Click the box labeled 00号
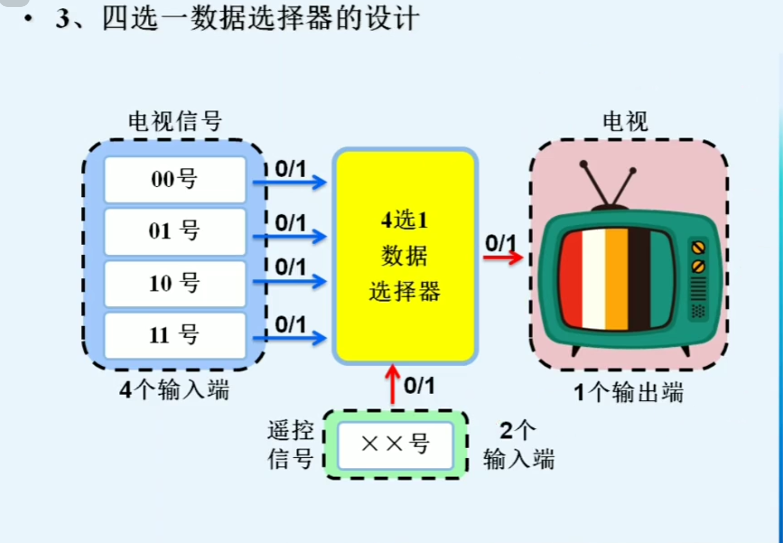click(175, 179)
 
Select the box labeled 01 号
click(175, 232)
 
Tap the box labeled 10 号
click(175, 284)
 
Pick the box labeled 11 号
click(175, 335)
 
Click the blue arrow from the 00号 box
click(289, 183)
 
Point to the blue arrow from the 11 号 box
click(289, 338)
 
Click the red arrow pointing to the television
click(503, 257)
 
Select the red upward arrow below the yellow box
click(392, 384)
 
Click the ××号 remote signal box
click(395, 445)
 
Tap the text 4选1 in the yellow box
click(405, 220)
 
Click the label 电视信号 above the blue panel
click(175, 122)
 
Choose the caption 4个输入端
click(174, 390)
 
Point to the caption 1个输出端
click(628, 393)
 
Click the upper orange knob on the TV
click(698, 247)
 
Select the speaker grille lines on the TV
click(698, 289)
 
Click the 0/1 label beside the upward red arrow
click(419, 386)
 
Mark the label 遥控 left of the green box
click(290, 430)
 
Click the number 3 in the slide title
click(63, 19)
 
